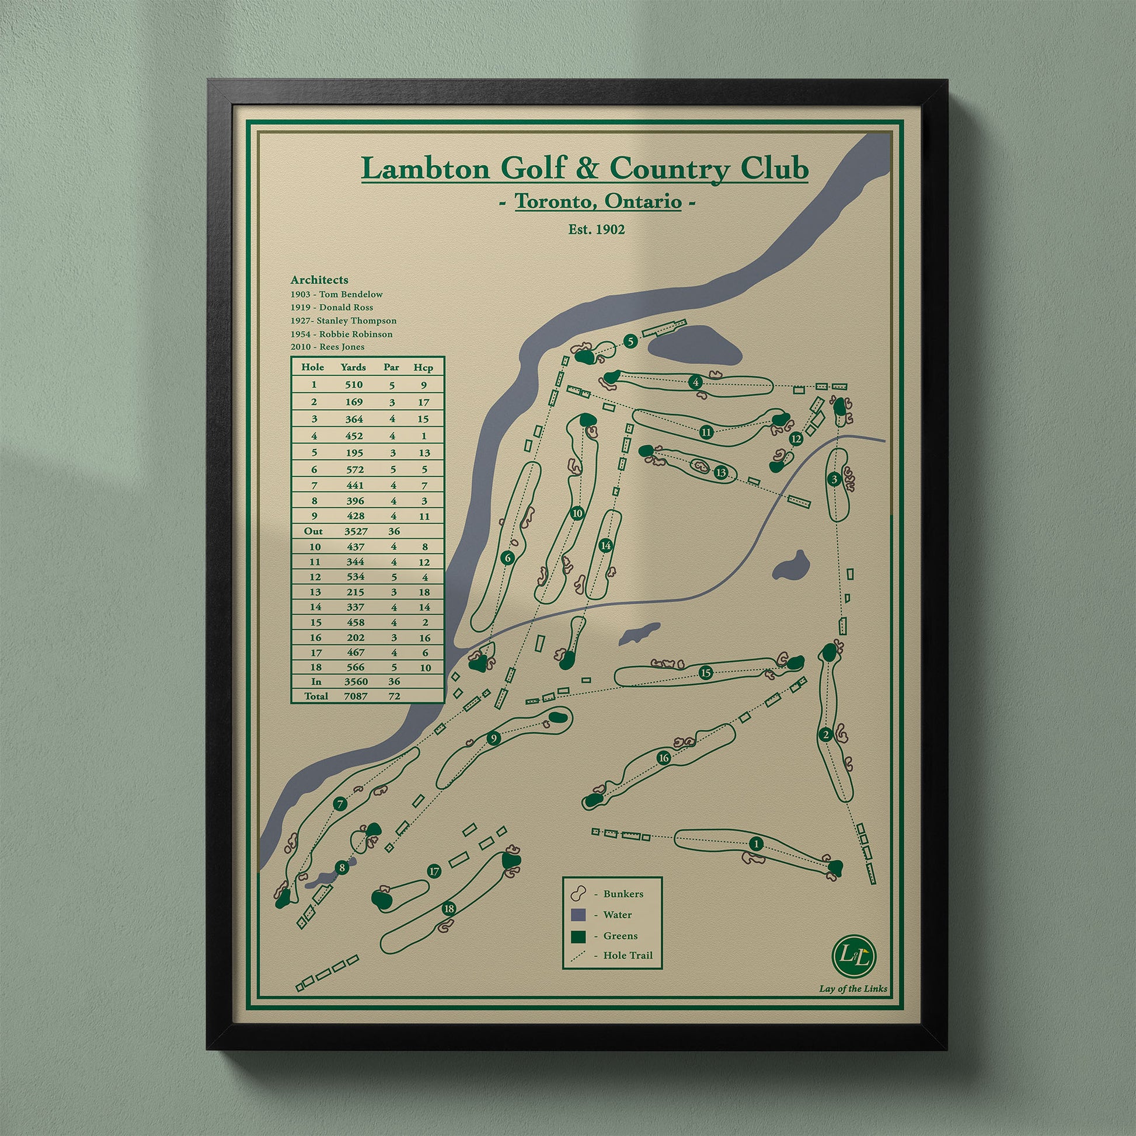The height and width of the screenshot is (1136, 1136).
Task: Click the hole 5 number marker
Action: (630, 341)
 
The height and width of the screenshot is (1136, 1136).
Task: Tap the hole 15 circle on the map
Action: (706, 673)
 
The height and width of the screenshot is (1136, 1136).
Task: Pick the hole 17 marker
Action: (434, 872)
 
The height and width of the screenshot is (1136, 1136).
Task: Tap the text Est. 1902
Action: (596, 229)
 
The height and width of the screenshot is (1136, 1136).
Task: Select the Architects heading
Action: (319, 280)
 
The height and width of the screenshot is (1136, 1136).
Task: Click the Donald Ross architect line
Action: (332, 307)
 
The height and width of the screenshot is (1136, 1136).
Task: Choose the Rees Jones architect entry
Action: (327, 347)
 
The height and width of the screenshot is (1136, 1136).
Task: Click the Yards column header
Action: (353, 368)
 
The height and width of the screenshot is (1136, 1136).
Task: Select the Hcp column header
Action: (423, 368)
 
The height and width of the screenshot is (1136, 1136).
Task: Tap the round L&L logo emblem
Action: (855, 956)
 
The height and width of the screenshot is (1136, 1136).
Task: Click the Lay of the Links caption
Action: (853, 988)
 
